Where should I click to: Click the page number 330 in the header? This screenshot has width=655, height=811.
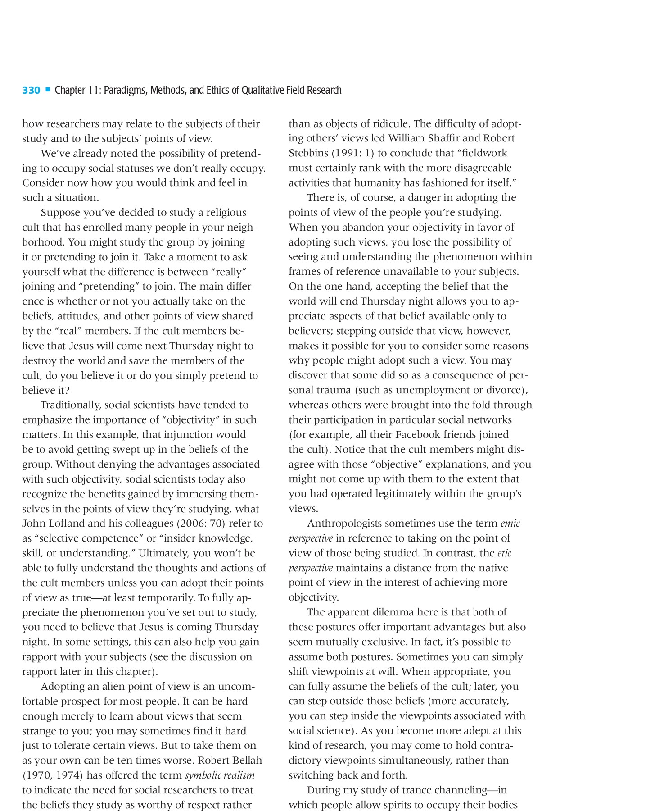point(31,91)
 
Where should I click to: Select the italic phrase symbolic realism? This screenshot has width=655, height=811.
point(220,775)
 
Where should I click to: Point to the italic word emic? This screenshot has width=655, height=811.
point(510,524)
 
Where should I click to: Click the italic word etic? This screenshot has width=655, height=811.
point(504,553)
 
